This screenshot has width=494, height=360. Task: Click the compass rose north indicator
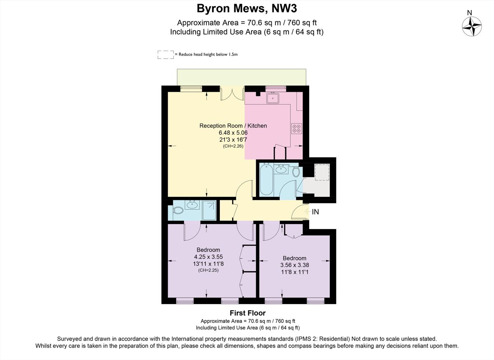472,26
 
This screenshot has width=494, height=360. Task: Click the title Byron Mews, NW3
247,8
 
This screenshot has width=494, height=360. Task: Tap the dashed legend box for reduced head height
165,54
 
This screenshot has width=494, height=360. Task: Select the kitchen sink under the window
273,98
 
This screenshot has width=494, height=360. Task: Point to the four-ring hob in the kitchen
296,129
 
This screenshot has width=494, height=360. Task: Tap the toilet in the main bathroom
296,172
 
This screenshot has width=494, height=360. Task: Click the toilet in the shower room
178,210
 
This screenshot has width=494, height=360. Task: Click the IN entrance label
315,212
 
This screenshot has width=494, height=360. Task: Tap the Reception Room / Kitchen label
233,126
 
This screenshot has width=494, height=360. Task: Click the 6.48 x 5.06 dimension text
233,133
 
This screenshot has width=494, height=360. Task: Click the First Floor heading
247,313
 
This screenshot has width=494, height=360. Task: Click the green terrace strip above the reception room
242,77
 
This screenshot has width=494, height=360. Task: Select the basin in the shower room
192,205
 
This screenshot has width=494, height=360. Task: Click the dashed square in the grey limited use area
322,172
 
